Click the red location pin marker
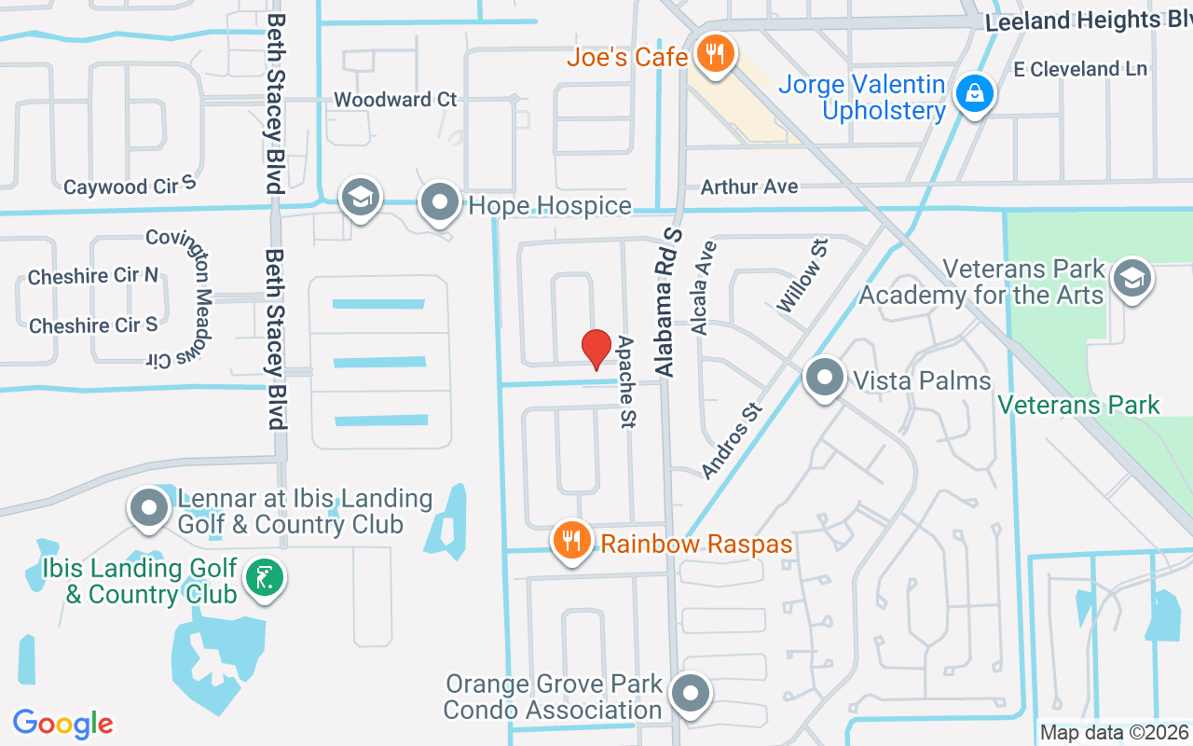coord(596,350)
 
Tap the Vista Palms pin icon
coord(824,379)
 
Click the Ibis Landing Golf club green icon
coord(265,579)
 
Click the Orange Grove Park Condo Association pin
coord(691,694)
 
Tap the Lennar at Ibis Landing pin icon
coord(148,508)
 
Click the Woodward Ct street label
coord(395,99)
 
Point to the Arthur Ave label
coord(749,186)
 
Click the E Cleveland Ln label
coord(1080,68)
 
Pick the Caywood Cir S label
coord(130,186)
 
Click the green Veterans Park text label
coord(1078,405)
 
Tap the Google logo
coord(63,723)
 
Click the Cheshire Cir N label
coord(93,276)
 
